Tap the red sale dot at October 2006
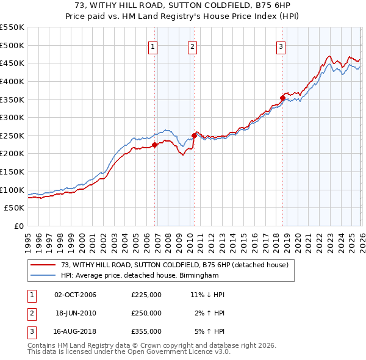pyautogui.click(x=154, y=145)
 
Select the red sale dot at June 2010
pyautogui.click(x=194, y=135)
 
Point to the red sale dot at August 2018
pyautogui.click(x=282, y=98)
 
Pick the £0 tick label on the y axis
pyautogui.click(x=18, y=226)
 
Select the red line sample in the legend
pyautogui.click(x=43, y=264)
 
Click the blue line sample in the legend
pyautogui.click(x=43, y=275)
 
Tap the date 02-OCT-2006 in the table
pyautogui.click(x=75, y=295)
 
